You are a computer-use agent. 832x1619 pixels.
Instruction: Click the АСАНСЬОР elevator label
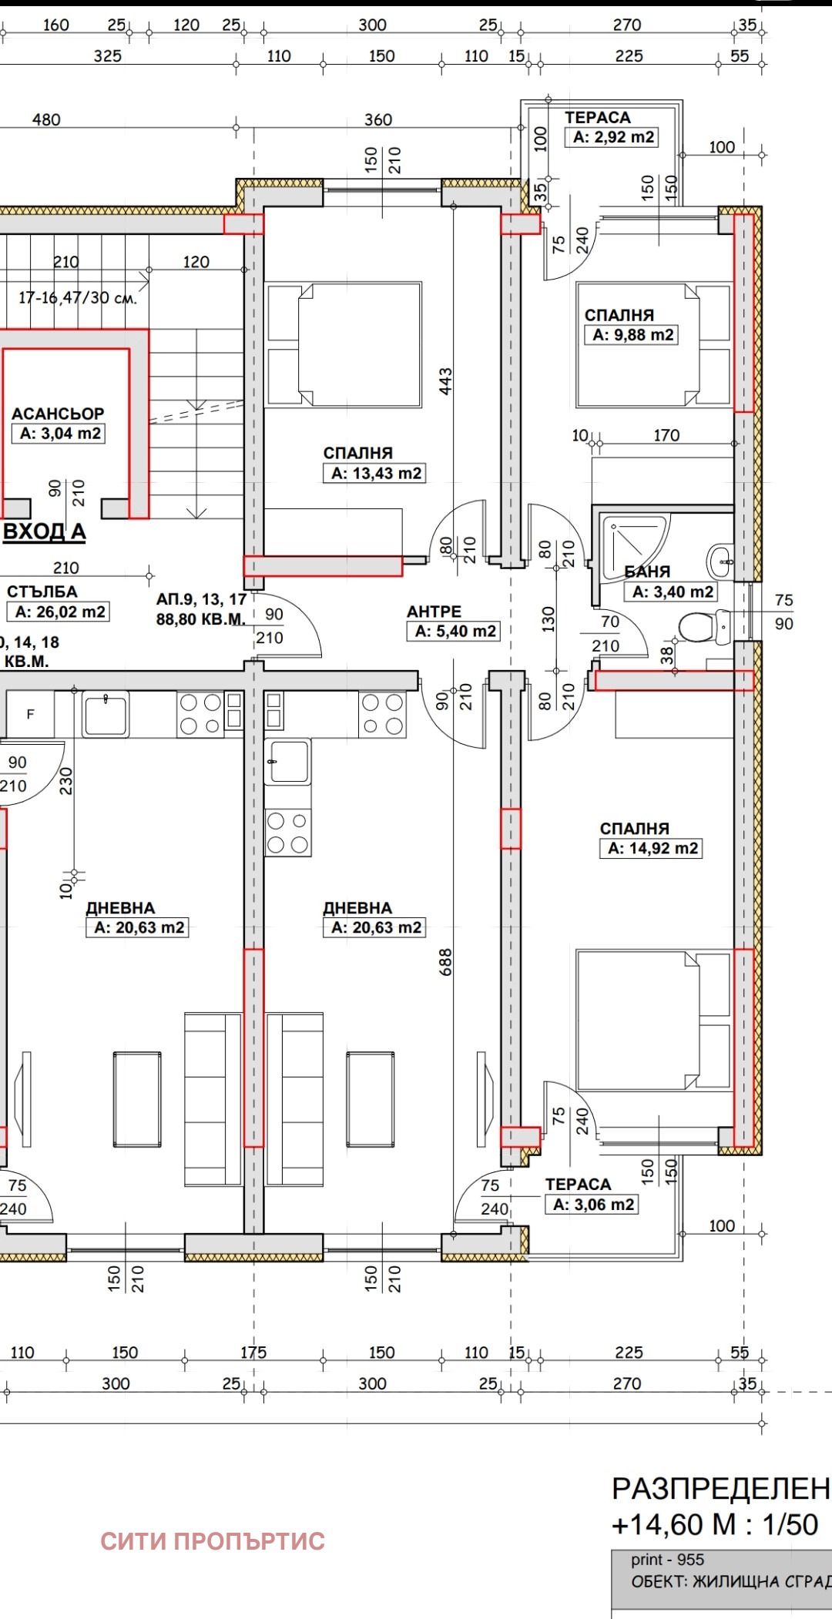[58, 414]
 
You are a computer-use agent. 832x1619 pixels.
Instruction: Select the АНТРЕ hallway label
[434, 612]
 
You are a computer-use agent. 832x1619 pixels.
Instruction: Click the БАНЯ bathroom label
[647, 572]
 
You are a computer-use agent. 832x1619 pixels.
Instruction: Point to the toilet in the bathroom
[703, 627]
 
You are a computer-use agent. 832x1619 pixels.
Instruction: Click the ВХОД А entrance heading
[45, 531]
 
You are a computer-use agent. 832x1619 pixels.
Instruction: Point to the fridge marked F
[30, 714]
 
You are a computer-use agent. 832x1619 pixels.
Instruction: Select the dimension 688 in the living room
[445, 962]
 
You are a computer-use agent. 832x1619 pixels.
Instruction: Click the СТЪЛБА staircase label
[42, 592]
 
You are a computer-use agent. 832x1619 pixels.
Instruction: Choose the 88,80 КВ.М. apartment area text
[201, 619]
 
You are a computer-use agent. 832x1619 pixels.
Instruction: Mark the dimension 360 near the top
[378, 119]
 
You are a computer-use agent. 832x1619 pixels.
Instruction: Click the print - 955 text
[668, 1560]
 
